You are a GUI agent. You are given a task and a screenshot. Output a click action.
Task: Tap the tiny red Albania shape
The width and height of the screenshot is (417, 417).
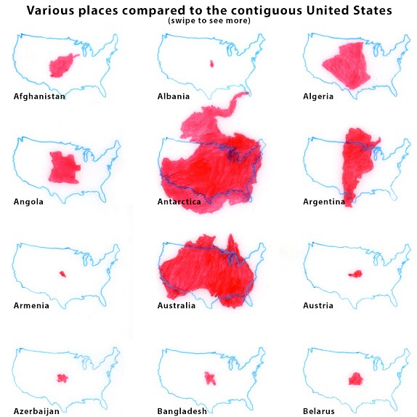tap(211, 64)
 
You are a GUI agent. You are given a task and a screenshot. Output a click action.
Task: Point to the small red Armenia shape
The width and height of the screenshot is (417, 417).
tap(62, 274)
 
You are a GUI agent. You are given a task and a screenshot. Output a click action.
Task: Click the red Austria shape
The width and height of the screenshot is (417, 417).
tap(355, 274)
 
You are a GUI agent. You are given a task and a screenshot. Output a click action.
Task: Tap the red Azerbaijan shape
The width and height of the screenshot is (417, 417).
tap(62, 377)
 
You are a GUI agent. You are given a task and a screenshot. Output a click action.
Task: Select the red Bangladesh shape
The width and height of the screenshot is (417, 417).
tap(211, 378)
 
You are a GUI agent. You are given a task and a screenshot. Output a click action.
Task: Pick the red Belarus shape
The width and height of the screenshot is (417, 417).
tap(355, 378)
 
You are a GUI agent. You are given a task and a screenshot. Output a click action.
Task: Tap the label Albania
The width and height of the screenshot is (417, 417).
tap(174, 97)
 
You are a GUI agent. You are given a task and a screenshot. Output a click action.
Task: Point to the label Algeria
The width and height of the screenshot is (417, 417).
tap(318, 97)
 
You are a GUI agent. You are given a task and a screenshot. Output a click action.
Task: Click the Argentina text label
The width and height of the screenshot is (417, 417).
tap(324, 201)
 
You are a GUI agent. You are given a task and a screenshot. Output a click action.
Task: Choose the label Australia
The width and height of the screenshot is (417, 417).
tap(177, 306)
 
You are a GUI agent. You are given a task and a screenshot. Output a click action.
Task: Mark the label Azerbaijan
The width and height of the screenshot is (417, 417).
tap(37, 410)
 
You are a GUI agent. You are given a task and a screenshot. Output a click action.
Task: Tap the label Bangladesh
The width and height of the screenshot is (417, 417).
tap(182, 410)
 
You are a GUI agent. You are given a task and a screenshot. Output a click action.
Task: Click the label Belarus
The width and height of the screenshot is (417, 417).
tap(319, 410)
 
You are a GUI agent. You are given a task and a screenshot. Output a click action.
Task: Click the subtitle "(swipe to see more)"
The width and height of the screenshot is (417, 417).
tap(208, 20)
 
